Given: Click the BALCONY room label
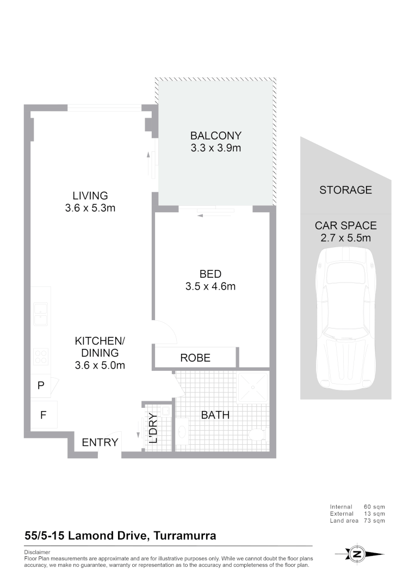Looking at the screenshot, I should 215,136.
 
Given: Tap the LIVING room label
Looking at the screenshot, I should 90,195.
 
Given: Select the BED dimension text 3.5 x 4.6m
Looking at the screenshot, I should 210,286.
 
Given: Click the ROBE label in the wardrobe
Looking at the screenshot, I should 195,358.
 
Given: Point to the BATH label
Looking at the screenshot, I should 215,415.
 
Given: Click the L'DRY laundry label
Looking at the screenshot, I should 153,428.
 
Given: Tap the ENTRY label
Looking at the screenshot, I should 100,443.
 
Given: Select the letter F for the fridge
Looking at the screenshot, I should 42,415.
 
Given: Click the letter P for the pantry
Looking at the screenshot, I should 41,385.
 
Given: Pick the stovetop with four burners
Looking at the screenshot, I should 41,357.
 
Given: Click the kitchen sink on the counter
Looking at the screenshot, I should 40,314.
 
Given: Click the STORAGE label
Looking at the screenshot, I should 345,190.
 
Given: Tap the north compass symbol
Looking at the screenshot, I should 357,554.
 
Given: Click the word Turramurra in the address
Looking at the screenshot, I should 185,536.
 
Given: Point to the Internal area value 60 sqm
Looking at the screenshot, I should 374,507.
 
